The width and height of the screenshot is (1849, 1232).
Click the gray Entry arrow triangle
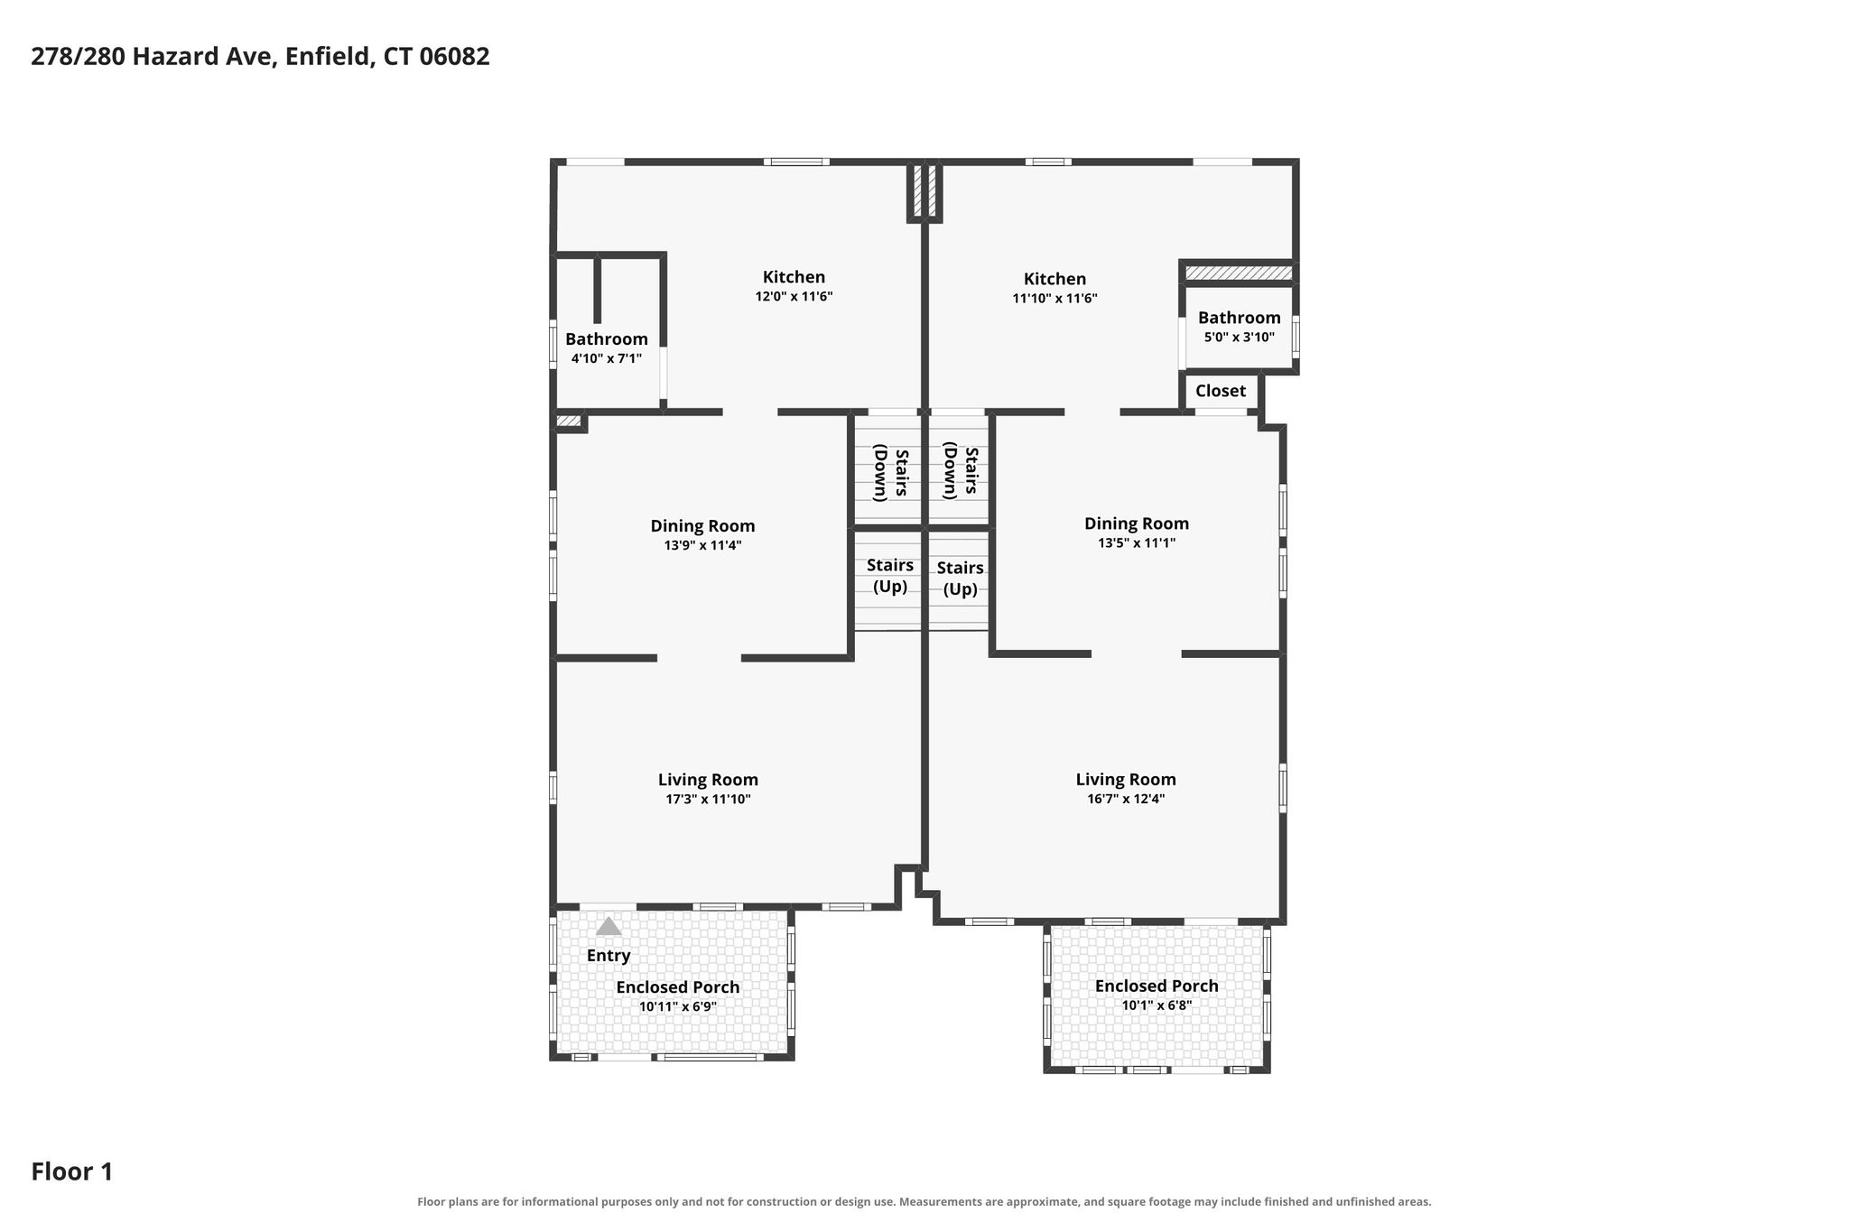(x=609, y=926)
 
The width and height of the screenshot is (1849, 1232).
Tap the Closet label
(x=1221, y=391)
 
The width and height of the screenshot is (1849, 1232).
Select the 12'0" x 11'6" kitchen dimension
(x=794, y=296)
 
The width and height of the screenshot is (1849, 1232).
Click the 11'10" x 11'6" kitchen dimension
(x=1055, y=298)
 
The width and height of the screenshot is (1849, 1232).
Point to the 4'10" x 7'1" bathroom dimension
(x=607, y=358)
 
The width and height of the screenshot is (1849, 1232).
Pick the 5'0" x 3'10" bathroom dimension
(x=1239, y=338)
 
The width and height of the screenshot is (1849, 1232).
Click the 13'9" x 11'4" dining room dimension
(x=702, y=545)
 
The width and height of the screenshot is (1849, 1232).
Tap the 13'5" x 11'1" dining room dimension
(x=1136, y=543)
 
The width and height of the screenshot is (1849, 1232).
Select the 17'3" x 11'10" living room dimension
(x=708, y=799)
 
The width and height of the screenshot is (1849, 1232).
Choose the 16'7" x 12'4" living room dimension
(x=1126, y=799)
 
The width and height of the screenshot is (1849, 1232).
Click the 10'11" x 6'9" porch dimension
(x=677, y=1007)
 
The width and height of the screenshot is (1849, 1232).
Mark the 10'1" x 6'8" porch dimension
(x=1157, y=1005)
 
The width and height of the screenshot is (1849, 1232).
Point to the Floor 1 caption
(x=72, y=1172)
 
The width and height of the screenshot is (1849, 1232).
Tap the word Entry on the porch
(x=609, y=956)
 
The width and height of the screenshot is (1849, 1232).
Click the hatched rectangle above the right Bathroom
(x=1239, y=273)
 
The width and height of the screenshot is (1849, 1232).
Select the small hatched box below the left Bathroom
(x=569, y=421)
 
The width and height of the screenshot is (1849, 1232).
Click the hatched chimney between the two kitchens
(x=924, y=190)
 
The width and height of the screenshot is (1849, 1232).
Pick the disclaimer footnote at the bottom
(x=924, y=1202)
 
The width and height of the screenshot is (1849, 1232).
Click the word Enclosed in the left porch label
(x=649, y=987)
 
